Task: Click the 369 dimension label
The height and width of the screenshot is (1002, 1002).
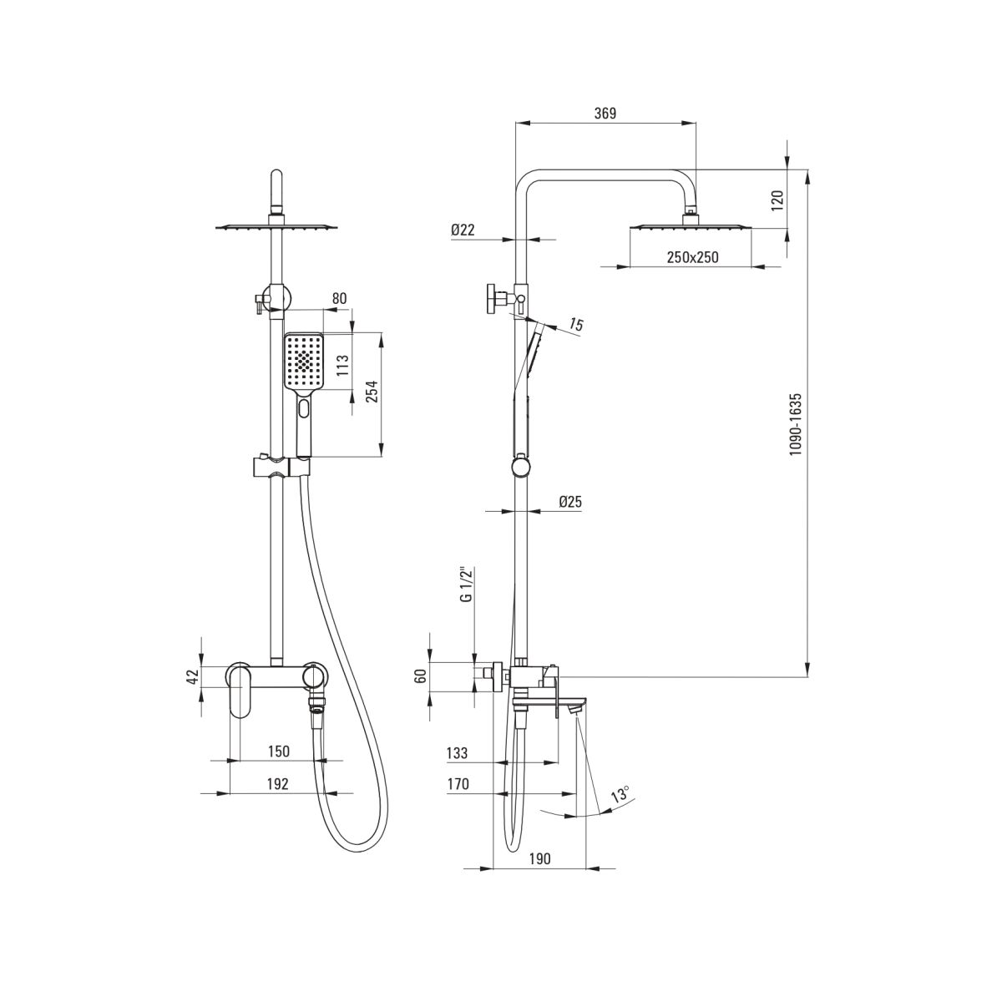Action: click(605, 113)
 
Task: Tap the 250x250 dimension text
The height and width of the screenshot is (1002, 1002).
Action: click(692, 257)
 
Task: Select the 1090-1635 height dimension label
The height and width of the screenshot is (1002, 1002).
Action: click(796, 425)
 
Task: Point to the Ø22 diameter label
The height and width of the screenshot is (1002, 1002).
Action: click(463, 230)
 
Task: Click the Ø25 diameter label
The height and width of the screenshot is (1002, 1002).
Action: click(570, 502)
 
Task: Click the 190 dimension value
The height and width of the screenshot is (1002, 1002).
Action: click(539, 858)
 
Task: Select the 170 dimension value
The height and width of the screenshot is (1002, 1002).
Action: click(458, 783)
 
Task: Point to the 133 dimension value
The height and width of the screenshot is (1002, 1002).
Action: click(457, 753)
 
